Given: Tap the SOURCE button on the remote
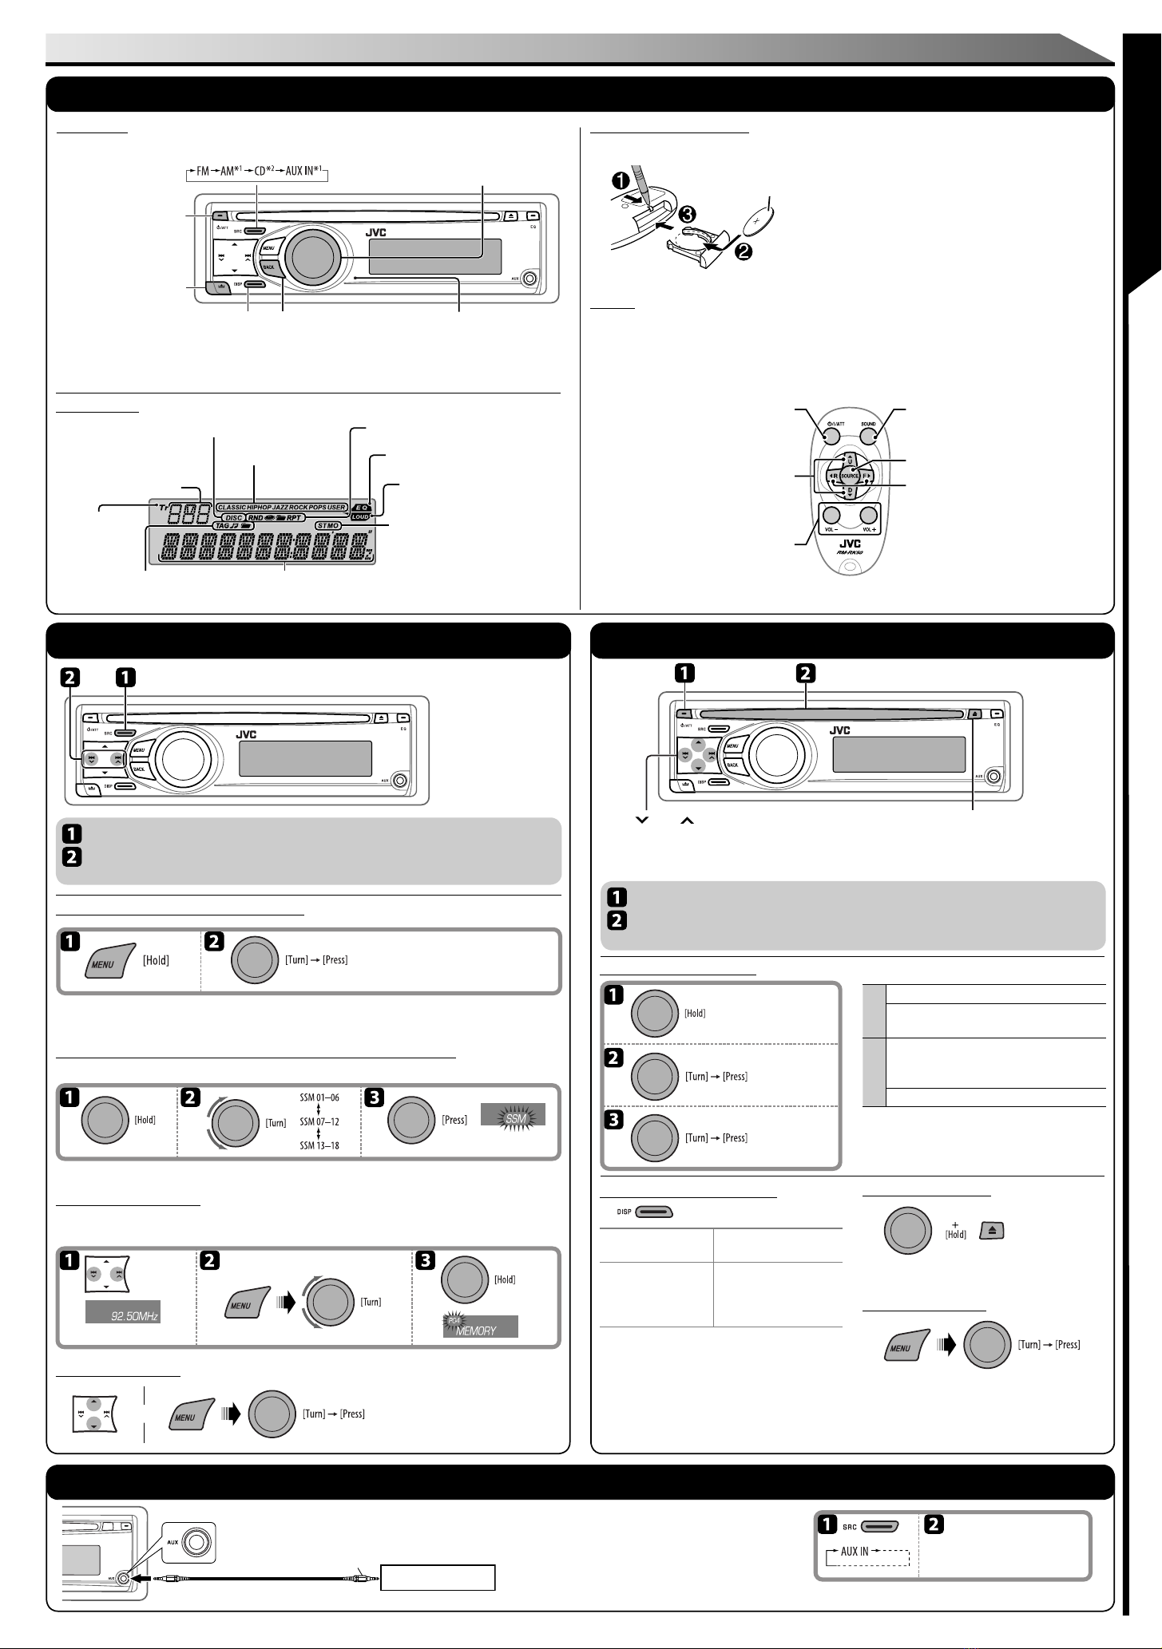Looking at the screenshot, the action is (850, 477).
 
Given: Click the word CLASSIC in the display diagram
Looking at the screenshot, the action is (232, 506).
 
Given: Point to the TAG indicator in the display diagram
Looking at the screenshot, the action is (160, 526).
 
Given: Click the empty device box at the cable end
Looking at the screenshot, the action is (438, 1578).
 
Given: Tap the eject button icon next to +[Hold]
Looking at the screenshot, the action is (992, 1232).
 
